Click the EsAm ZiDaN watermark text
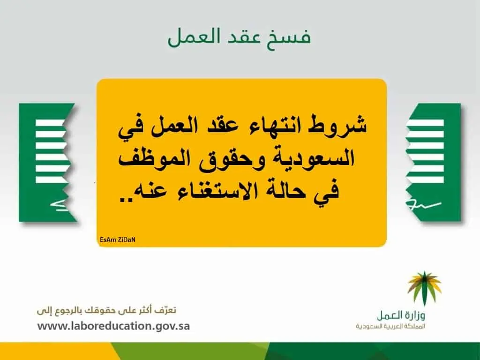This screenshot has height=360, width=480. (x=118, y=240)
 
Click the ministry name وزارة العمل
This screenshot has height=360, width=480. (x=401, y=315)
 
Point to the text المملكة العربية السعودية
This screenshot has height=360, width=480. (x=390, y=326)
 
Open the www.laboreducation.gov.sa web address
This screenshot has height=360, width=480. (x=113, y=326)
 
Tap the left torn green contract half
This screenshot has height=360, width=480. (x=48, y=163)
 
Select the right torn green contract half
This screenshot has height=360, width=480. (x=433, y=162)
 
